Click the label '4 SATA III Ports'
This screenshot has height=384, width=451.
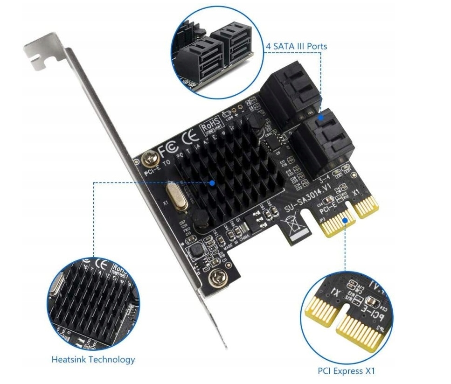click(296, 46)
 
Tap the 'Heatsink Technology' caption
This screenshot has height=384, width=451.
click(93, 359)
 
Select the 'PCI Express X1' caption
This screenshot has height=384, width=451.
click(346, 371)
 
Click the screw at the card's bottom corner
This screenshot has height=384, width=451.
click(216, 279)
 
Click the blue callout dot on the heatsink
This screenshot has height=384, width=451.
click(213, 183)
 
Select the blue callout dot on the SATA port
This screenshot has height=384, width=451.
click(321, 118)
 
